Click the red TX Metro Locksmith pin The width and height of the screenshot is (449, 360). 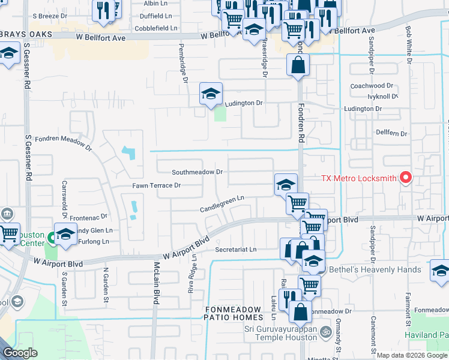[406, 178]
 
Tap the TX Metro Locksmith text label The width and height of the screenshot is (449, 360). [358, 178]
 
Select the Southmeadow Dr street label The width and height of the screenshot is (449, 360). [197, 172]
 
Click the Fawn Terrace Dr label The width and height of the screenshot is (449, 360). [157, 186]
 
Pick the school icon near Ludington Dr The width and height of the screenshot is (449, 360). [211, 94]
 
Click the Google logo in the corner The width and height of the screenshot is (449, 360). [20, 353]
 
